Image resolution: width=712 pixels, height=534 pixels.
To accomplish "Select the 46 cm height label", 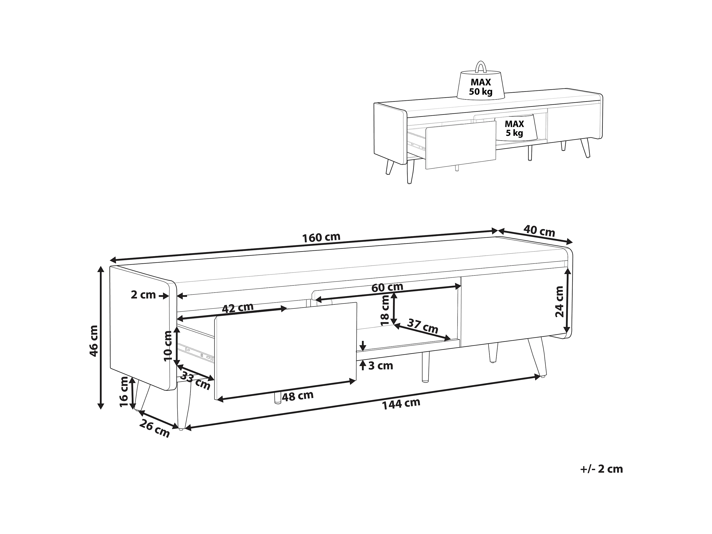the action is (94, 341).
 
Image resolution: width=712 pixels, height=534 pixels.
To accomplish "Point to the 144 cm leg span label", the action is (401, 404).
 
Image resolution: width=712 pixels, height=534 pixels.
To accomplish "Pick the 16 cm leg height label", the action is (124, 392).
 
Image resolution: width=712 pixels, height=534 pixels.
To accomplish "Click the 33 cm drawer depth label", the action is (195, 380).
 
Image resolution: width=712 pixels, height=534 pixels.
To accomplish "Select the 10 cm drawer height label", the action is (168, 346).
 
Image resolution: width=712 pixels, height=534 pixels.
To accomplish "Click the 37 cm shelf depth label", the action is (423, 326).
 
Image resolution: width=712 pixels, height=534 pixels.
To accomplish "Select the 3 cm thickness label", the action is (381, 366).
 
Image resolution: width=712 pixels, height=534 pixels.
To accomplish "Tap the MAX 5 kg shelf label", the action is (514, 128).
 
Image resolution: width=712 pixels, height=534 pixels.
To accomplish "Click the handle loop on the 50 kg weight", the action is (481, 62).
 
